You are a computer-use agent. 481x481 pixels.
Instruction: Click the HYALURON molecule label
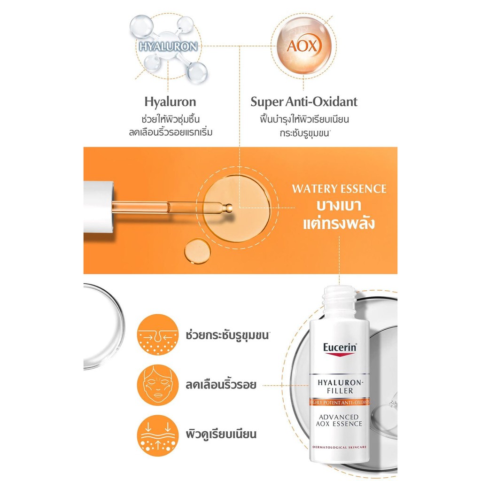pos(168,47)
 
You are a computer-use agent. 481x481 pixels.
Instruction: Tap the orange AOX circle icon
pos(304,47)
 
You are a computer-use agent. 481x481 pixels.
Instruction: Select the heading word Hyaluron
pos(171,101)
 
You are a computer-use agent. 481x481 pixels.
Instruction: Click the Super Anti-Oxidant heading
pos(304,101)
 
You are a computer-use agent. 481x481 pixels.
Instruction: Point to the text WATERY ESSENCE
pos(339,189)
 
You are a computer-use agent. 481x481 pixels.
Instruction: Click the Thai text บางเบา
pos(339,205)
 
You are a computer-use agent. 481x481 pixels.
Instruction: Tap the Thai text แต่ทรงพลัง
pos(339,223)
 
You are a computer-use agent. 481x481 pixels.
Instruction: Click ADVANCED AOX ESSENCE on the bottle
pos(339,420)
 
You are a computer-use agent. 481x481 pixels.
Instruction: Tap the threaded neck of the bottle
pos(339,298)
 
